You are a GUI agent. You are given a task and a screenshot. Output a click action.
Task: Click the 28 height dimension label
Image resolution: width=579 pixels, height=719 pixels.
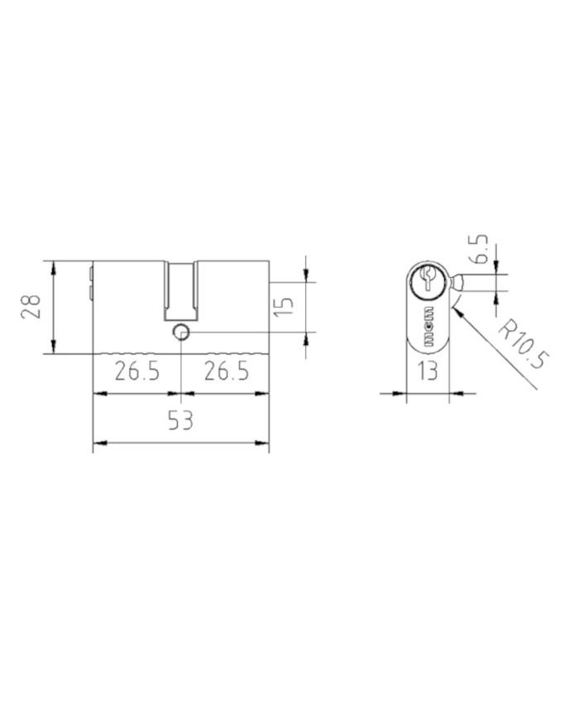coord(31,306)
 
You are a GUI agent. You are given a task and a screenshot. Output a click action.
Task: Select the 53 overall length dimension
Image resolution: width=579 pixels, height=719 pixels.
coord(180,420)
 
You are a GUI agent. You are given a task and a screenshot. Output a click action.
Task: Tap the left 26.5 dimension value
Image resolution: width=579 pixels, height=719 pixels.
coord(137,371)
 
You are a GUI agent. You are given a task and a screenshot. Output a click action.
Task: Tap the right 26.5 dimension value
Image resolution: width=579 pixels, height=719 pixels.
coord(227,371)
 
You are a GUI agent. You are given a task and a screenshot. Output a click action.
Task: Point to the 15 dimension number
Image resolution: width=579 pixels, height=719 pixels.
coord(285,306)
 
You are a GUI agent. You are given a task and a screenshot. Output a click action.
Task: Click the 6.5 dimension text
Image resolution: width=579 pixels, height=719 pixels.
coord(479,249)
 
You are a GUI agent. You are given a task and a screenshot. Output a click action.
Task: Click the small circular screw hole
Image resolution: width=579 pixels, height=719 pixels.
coord(180,331)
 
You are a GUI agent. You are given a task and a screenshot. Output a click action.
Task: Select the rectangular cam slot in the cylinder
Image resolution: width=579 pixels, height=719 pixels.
coord(181,291)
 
